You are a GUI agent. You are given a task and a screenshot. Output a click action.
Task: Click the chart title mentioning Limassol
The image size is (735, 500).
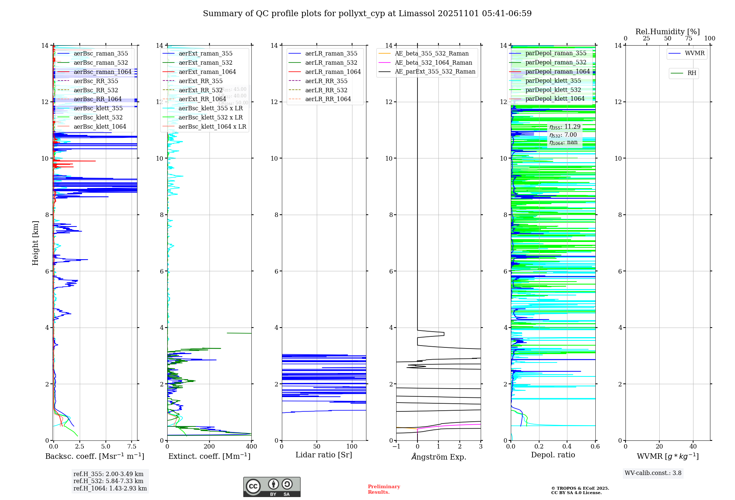[x=367, y=14]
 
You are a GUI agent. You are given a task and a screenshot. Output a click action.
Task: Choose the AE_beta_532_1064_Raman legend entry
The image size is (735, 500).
[x=433, y=63]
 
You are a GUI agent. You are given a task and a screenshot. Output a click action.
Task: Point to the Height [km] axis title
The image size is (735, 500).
[x=35, y=243]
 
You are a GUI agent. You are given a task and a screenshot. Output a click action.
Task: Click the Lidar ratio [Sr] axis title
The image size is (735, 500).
[x=324, y=455]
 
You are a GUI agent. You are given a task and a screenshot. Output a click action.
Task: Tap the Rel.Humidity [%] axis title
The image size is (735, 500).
[x=667, y=32]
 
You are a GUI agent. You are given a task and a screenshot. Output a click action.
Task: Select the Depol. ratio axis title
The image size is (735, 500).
[x=553, y=455]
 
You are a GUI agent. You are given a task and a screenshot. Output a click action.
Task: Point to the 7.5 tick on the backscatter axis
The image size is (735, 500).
[x=132, y=447]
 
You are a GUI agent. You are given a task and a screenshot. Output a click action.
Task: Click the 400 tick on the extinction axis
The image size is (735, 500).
[x=251, y=447]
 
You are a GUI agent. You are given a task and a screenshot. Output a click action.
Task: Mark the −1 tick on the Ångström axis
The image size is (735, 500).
[x=396, y=447]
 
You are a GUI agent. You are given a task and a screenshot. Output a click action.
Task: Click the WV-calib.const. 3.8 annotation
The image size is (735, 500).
[x=653, y=473]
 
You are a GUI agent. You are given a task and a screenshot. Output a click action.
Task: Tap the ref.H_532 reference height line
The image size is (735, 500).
[x=108, y=481]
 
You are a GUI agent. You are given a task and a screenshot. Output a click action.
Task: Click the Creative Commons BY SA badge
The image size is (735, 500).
[x=272, y=487]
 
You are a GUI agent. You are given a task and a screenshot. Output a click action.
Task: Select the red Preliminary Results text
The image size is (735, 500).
[x=384, y=489]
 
